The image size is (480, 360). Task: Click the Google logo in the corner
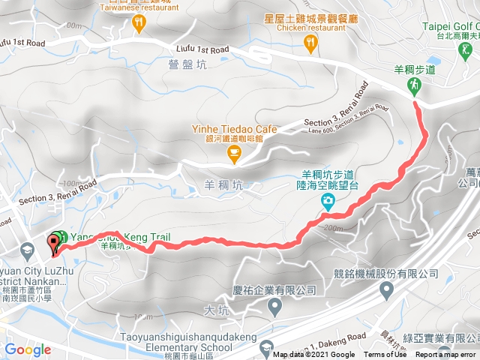[x=28, y=349]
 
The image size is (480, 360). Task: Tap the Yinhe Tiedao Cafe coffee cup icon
[x=233, y=154]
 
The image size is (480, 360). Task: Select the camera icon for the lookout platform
[x=328, y=201]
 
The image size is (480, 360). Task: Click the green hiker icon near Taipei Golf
[x=415, y=87]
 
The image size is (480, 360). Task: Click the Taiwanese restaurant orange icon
[x=138, y=25]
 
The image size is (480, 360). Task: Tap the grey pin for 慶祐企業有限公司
[x=274, y=306]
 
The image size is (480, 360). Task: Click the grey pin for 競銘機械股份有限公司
[x=386, y=289]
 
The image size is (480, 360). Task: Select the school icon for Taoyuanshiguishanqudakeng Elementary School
[x=266, y=347]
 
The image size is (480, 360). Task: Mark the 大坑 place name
[x=216, y=309]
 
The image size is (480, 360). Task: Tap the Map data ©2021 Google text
[x=314, y=355]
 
